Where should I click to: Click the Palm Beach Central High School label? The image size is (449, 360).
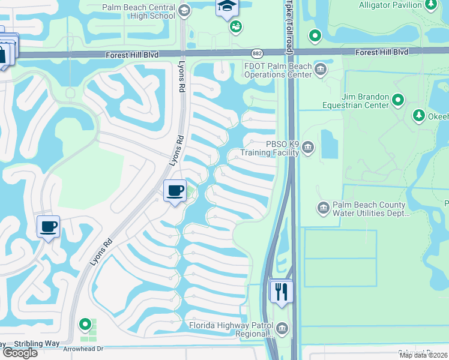[x=139, y=11]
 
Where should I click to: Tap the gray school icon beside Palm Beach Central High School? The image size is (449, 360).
[x=184, y=10]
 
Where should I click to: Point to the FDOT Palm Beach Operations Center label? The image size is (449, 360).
[x=278, y=70]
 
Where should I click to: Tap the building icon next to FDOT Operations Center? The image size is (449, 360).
[x=321, y=70]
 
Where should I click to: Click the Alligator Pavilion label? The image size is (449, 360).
[x=390, y=5]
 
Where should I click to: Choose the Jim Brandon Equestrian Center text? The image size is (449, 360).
[x=357, y=101]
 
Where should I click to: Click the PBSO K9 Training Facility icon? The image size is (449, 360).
[x=308, y=147]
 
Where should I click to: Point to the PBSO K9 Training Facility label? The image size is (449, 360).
[x=270, y=148]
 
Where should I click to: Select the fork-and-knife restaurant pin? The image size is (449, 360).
[x=281, y=292]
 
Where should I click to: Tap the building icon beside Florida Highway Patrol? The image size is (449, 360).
[x=282, y=328]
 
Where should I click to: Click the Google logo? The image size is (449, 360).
[x=19, y=353]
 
